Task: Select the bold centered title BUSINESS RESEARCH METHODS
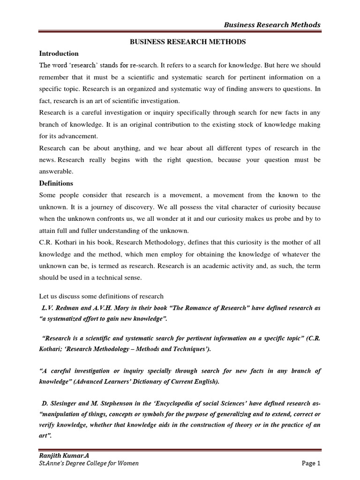coord(187,42)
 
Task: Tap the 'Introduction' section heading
coord(59,53)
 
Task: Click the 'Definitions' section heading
coord(56,183)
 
